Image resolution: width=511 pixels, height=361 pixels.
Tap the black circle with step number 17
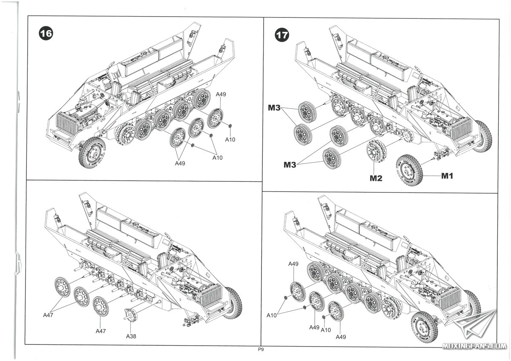point(281,34)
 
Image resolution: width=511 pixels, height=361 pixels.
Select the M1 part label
point(447,176)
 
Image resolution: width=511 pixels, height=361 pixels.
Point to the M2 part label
point(375,178)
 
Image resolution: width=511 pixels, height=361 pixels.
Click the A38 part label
point(131,336)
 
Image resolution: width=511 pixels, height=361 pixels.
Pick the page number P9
point(261,350)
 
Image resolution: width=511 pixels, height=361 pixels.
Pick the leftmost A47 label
point(49,315)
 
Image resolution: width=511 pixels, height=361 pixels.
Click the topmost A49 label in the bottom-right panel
point(293,264)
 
